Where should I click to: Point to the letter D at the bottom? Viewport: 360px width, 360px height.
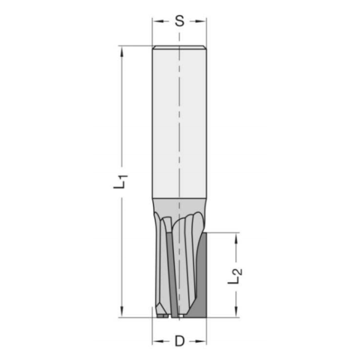coord(179,342)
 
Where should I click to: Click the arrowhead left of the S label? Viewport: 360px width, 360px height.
coord(157,22)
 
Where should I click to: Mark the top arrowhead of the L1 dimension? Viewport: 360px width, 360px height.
coord(120,50)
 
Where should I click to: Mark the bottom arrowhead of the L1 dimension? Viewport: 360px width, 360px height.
coord(120,313)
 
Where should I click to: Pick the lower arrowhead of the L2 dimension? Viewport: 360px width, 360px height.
coord(237,313)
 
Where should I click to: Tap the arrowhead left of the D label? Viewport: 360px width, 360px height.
coord(157,341)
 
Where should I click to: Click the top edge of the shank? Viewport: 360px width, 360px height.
coord(179,47)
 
